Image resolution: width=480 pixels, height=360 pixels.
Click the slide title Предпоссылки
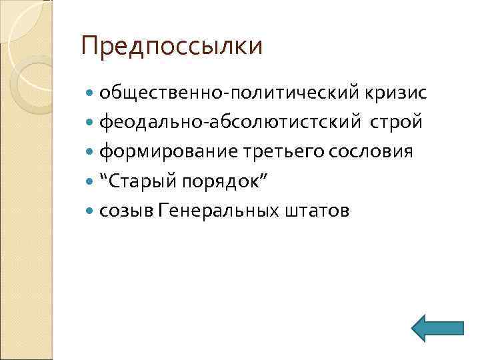click(x=171, y=47)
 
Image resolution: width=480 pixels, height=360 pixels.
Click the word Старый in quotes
click(x=140, y=181)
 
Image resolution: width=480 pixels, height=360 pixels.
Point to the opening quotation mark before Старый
click(x=104, y=177)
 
